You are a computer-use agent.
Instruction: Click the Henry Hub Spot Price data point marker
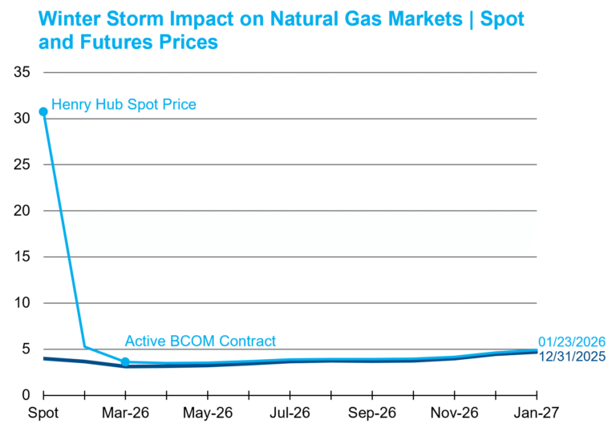click(x=43, y=112)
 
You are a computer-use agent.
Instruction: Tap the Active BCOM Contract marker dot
click(x=125, y=362)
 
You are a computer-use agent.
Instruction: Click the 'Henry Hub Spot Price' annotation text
click(x=124, y=104)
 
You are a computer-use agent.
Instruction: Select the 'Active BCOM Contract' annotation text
click(x=200, y=341)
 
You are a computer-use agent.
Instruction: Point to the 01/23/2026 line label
click(x=572, y=342)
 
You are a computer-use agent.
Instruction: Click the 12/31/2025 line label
click(x=572, y=357)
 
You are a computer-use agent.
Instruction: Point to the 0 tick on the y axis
click(x=26, y=395)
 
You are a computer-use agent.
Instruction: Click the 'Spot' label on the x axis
click(x=43, y=413)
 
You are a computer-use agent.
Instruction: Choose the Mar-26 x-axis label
click(x=125, y=413)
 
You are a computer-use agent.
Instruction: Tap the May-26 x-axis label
click(x=208, y=413)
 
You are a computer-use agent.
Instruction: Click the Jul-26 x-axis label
click(x=290, y=413)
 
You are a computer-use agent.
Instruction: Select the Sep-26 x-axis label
click(x=372, y=413)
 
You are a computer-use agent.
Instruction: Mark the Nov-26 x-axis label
click(x=454, y=413)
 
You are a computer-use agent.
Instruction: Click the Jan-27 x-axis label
click(x=536, y=413)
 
